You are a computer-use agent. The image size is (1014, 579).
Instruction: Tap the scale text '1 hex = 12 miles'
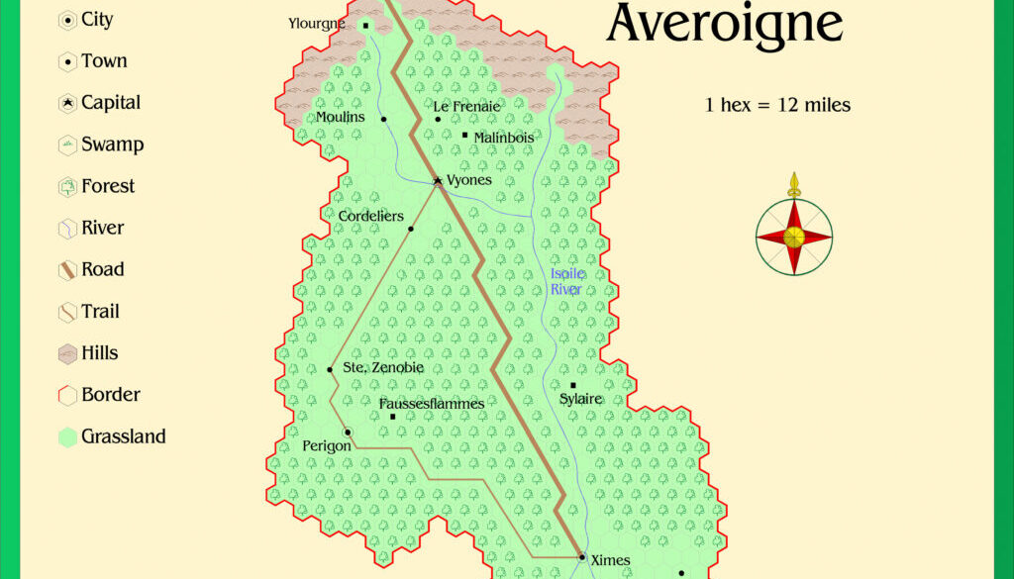777,105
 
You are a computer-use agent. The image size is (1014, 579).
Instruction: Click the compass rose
793,236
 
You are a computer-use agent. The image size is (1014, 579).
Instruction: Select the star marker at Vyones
437,181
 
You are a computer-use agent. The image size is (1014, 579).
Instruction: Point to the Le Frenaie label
466,106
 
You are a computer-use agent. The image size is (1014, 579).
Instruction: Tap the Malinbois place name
504,138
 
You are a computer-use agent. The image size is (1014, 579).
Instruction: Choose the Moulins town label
341,117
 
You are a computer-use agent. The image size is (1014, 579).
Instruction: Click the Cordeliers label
368,215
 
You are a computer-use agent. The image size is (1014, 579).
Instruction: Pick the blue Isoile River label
566,281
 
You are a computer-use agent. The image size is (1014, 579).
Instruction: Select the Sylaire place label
581,399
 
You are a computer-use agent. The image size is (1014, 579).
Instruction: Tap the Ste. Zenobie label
383,367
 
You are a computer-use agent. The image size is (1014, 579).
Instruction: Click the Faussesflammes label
432,403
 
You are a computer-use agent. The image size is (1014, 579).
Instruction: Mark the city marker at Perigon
348,433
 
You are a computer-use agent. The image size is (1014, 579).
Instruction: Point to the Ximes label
610,560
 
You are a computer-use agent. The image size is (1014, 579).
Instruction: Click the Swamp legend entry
112,145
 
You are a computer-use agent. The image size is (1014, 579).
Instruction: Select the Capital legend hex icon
67,103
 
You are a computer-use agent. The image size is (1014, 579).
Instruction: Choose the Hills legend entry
99,353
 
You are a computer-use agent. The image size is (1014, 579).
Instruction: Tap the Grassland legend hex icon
67,437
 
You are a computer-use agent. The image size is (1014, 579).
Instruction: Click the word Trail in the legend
100,312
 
